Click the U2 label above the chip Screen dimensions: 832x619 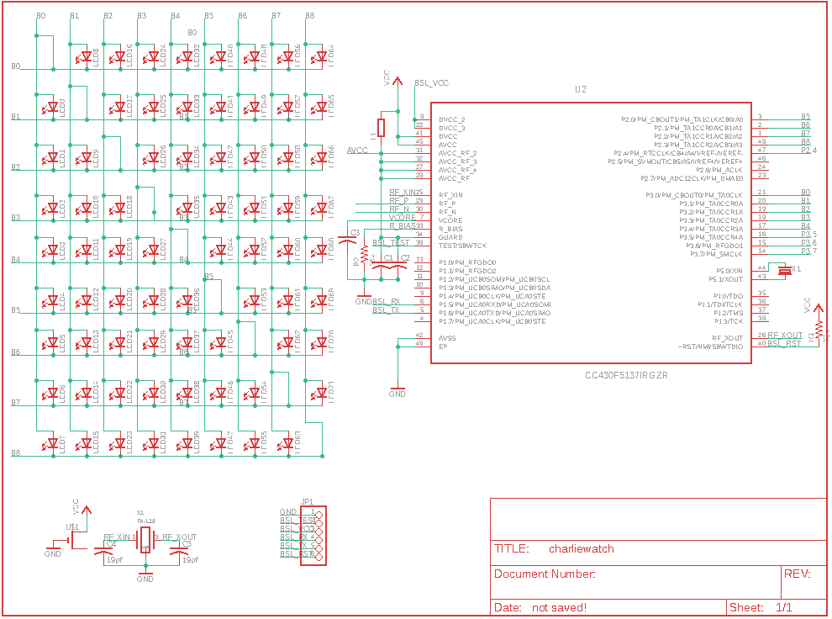coord(580,89)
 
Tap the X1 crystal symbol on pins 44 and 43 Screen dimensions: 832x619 coord(785,270)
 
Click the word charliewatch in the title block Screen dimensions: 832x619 coord(581,549)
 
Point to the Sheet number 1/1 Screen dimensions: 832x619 coord(783,607)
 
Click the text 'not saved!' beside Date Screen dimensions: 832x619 coord(559,607)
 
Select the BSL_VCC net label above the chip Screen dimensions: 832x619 coord(432,83)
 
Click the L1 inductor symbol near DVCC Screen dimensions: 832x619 coord(381,128)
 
